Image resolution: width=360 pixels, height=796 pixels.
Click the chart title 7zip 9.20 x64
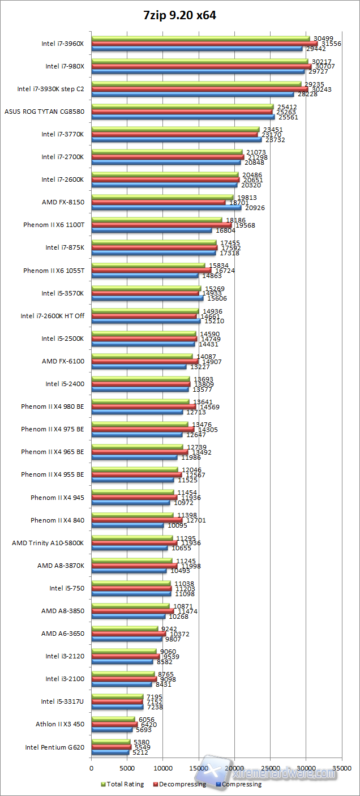tap(179, 16)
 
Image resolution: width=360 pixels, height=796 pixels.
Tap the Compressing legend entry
tap(241, 784)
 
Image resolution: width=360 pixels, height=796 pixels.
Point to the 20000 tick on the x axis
tap(234, 769)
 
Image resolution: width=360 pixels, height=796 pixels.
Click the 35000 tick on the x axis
tap(341, 769)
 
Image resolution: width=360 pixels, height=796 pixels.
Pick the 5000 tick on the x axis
tap(127, 769)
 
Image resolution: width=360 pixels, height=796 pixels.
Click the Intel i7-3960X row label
tap(62, 44)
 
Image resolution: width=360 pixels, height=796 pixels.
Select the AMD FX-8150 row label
tap(63, 202)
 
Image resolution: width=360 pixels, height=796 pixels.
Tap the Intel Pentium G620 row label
tap(54, 747)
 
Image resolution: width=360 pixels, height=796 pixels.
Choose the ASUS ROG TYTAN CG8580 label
tap(44, 112)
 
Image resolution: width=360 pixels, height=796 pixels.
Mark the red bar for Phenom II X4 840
tap(136, 520)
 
